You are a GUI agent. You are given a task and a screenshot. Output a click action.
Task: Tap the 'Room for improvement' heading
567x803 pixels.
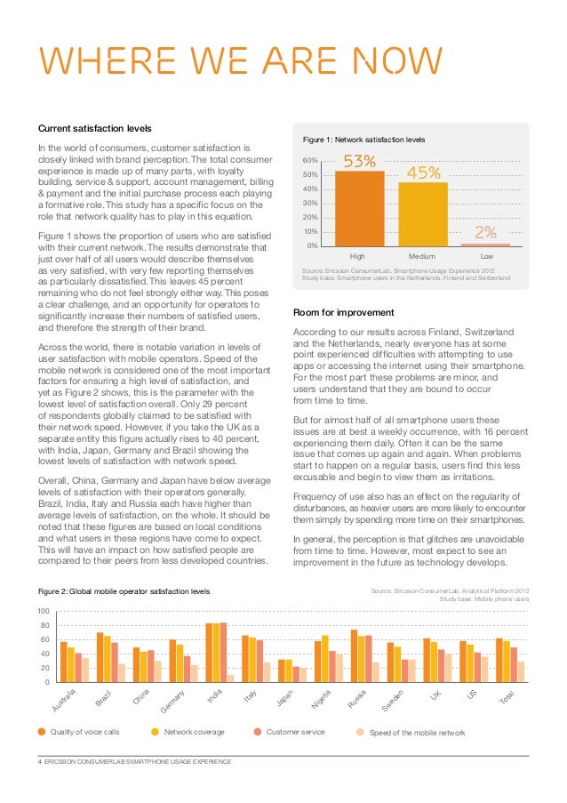click(344, 312)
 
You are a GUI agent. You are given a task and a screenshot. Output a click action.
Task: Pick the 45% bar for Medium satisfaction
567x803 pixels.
click(423, 213)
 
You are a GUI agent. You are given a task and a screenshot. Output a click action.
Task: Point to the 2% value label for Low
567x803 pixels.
click(485, 232)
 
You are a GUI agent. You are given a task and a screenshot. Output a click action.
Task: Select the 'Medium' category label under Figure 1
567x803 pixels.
click(422, 256)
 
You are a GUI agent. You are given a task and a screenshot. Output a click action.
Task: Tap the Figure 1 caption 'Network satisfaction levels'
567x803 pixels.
click(364, 140)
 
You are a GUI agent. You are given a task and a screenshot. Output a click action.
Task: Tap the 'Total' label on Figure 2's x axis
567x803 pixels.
click(507, 699)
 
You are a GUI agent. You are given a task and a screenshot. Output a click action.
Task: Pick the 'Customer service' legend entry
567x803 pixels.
click(295, 732)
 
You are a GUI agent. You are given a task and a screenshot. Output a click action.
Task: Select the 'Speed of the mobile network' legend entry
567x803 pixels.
click(416, 732)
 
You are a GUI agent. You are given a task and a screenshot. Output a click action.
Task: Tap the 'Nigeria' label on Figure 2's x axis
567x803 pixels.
click(322, 701)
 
